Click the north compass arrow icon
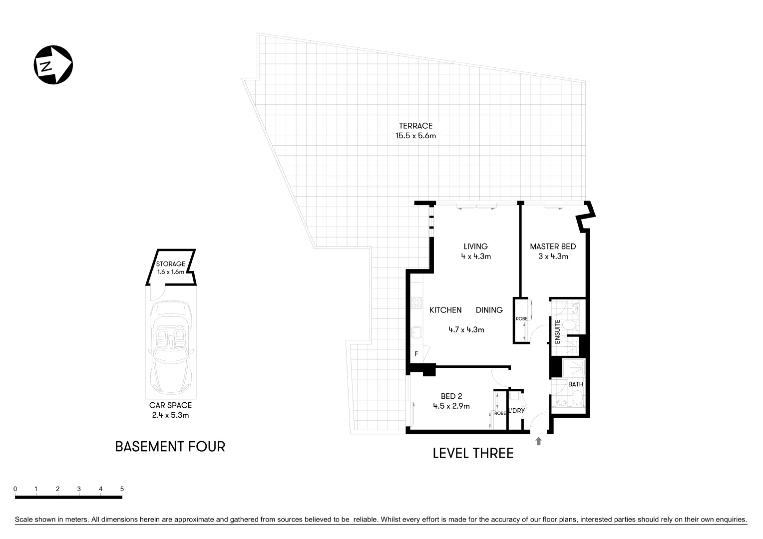53,65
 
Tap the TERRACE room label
415,126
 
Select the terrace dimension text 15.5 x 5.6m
415,135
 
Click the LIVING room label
475,246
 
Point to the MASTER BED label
553,246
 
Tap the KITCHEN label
445,310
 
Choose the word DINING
489,310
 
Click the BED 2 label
451,397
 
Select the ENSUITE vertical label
558,332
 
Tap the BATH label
576,384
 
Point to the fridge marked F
416,354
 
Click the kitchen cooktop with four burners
416,302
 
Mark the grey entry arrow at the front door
538,441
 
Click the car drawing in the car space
171,347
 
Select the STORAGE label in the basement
171,264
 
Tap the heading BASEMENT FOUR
170,446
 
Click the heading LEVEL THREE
473,453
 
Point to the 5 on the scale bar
122,489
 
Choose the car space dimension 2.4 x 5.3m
170,415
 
